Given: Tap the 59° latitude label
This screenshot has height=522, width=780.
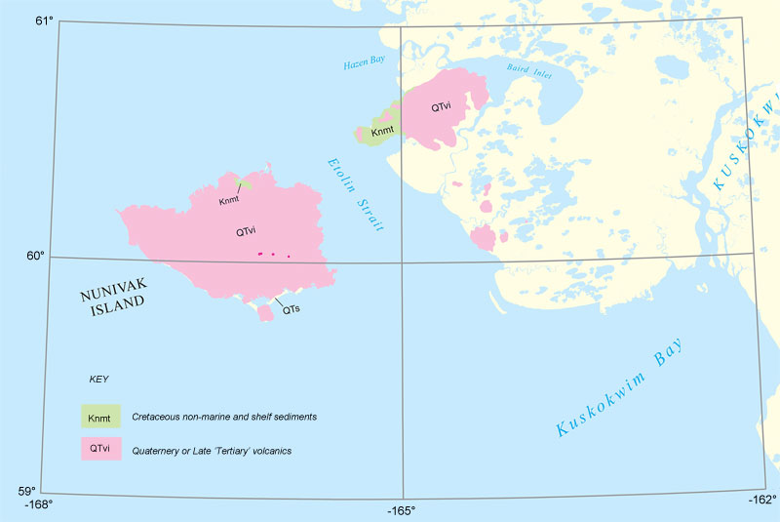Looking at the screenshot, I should pos(22,492).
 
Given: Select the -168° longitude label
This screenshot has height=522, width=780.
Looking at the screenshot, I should pos(37,505).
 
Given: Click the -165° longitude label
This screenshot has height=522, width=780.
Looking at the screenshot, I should pos(401,510).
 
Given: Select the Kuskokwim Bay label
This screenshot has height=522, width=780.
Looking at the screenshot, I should pos(619,386).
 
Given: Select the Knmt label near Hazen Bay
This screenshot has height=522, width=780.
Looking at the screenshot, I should pos(383,130).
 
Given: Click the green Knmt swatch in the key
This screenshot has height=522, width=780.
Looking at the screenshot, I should pos(100,418).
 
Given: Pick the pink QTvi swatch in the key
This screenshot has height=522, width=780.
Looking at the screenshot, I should pos(100,449).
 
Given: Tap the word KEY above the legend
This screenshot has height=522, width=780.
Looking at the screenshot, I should pos(98,378).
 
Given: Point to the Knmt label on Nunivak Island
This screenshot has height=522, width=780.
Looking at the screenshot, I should pos(229,200).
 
